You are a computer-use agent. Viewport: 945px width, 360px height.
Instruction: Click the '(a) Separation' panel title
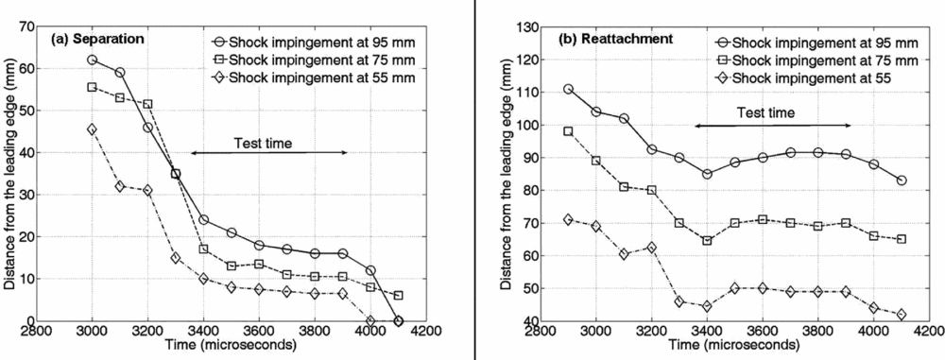(98, 43)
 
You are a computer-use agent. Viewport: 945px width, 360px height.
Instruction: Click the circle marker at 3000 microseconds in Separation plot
(93, 60)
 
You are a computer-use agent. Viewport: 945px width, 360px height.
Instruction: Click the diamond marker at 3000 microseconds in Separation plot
(93, 129)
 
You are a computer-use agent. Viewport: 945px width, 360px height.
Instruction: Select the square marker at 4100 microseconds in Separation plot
(399, 296)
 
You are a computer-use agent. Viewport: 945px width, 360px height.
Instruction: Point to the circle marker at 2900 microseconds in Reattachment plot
(567, 89)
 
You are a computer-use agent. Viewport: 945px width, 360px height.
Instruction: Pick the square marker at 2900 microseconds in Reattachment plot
(567, 131)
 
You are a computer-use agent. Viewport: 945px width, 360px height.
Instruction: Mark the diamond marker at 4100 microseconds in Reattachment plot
(902, 315)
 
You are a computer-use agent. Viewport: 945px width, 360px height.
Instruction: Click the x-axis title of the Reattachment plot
(734, 348)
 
